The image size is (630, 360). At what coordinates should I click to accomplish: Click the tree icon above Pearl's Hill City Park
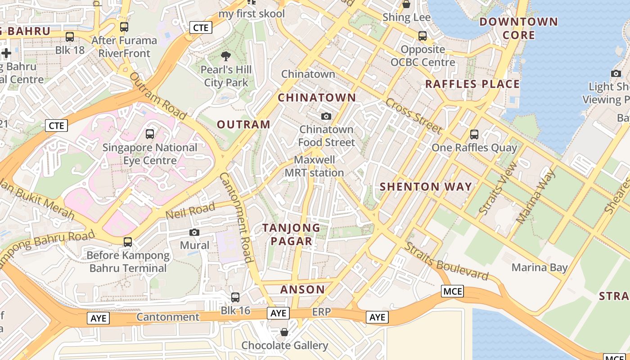click(226, 56)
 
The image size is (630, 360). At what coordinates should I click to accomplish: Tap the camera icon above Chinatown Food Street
click(326, 117)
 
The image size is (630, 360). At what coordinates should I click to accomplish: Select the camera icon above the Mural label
click(194, 232)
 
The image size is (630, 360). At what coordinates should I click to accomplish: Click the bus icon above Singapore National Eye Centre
click(150, 134)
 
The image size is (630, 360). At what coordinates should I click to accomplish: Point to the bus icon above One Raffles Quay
click(474, 134)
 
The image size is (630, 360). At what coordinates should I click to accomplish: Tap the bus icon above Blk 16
click(235, 297)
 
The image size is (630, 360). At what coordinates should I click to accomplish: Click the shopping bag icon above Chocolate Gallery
click(284, 332)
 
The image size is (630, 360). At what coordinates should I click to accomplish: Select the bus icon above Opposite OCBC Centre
click(423, 36)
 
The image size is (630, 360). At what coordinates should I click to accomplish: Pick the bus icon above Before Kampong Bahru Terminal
click(128, 242)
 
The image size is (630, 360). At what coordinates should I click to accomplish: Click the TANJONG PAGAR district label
click(292, 234)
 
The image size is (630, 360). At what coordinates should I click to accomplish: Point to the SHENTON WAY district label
click(426, 186)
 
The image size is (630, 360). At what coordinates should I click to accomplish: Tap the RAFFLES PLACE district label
click(472, 84)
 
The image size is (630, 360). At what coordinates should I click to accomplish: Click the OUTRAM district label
click(243, 125)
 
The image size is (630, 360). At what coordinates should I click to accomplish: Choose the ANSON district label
click(302, 289)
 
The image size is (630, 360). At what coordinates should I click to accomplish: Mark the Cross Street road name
click(414, 115)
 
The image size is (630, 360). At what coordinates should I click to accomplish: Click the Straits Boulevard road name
click(446, 261)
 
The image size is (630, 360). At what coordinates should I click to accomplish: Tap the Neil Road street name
click(190, 211)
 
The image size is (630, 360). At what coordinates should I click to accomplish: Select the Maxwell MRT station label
click(314, 166)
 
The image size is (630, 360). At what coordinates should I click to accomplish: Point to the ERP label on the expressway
click(321, 312)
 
